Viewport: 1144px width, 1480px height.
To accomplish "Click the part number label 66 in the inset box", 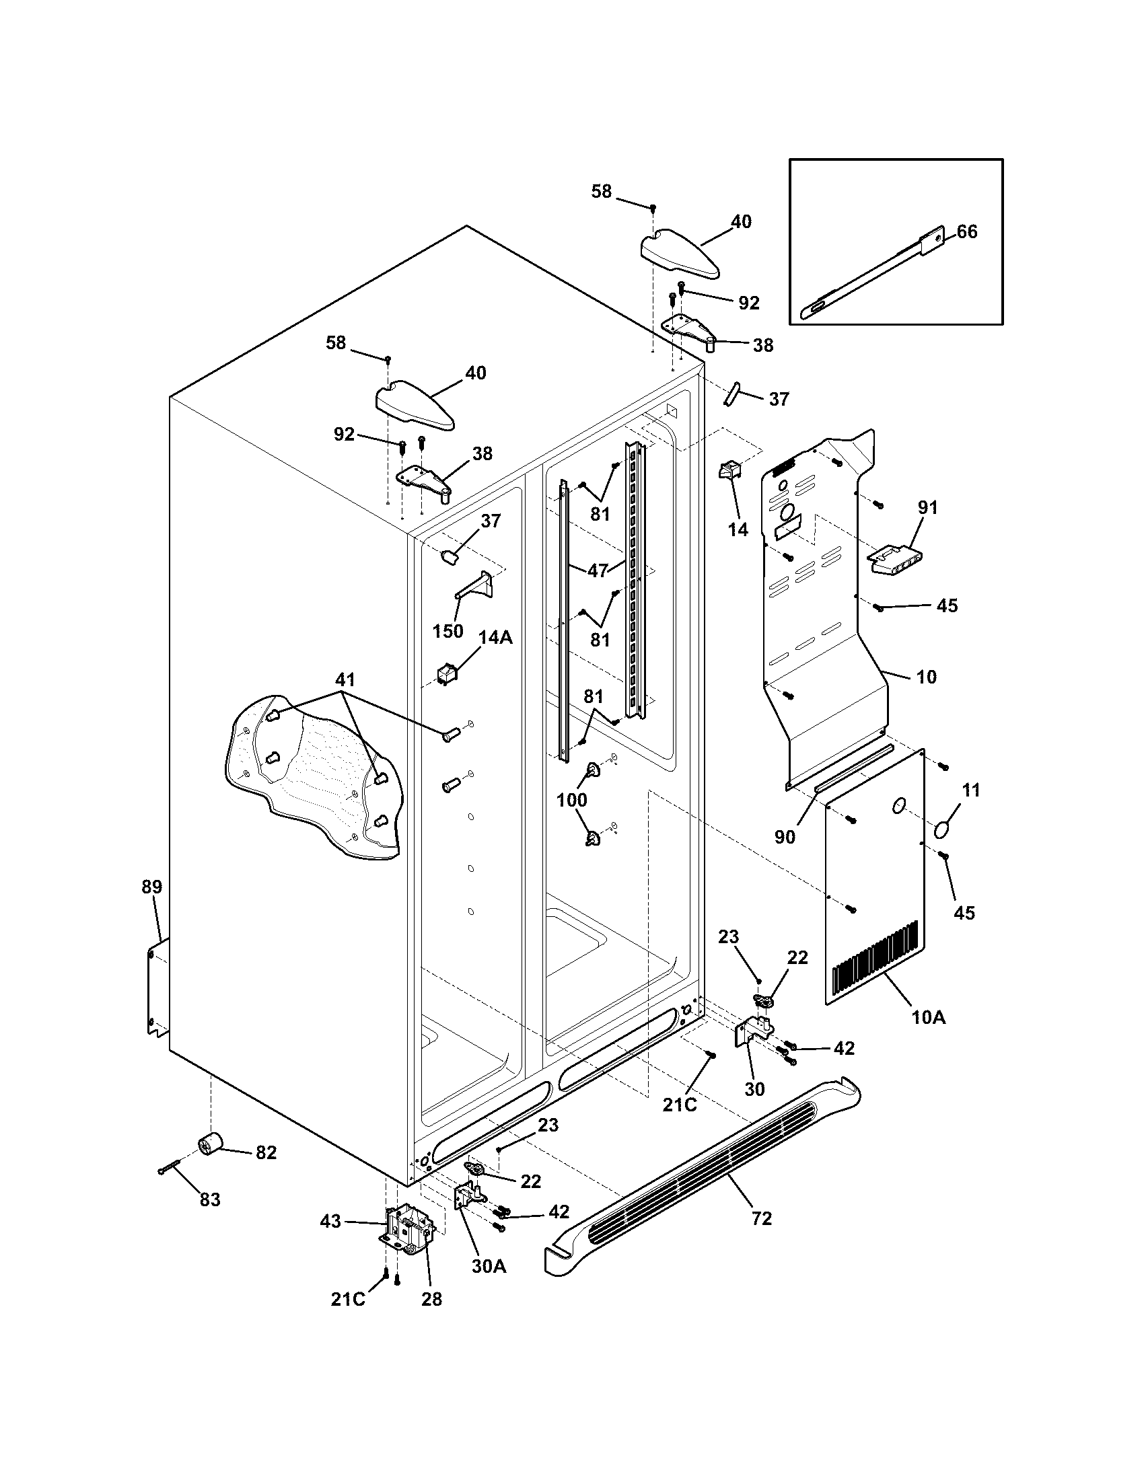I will click(967, 232).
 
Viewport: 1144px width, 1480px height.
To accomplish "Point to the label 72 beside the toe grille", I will click(762, 1219).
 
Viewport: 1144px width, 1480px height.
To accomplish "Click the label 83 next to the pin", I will click(210, 1200).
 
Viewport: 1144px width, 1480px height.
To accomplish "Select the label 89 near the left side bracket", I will click(152, 887).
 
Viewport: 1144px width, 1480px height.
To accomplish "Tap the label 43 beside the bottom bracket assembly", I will click(330, 1221).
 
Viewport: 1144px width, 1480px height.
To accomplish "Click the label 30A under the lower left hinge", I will click(489, 1267).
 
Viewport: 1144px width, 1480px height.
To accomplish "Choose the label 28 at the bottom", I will click(431, 1299).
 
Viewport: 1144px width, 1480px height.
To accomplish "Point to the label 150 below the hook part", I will click(448, 631).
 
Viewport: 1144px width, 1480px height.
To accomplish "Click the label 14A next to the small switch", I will click(495, 637).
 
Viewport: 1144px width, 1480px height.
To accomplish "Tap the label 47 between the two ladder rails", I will click(597, 570).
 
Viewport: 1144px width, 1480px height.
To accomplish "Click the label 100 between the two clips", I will click(571, 800).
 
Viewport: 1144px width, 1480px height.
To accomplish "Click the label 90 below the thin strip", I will click(785, 837).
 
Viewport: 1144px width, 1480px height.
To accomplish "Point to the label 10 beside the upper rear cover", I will click(926, 676).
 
